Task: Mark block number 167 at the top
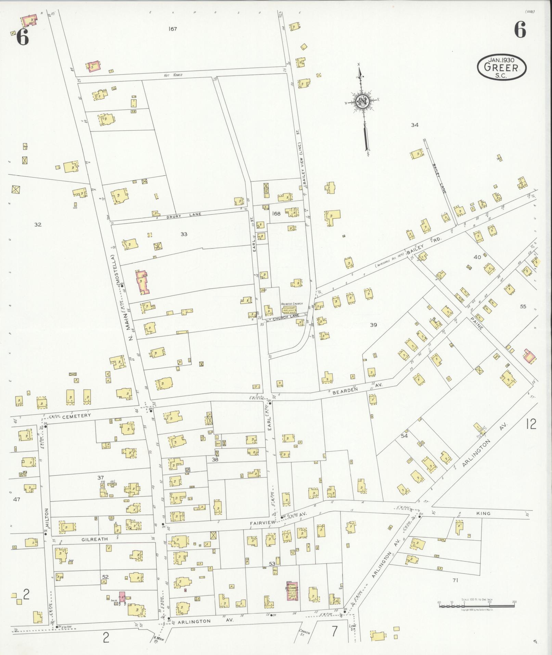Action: tap(173, 29)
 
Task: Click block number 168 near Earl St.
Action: tap(276, 214)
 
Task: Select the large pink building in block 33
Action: tap(142, 282)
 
